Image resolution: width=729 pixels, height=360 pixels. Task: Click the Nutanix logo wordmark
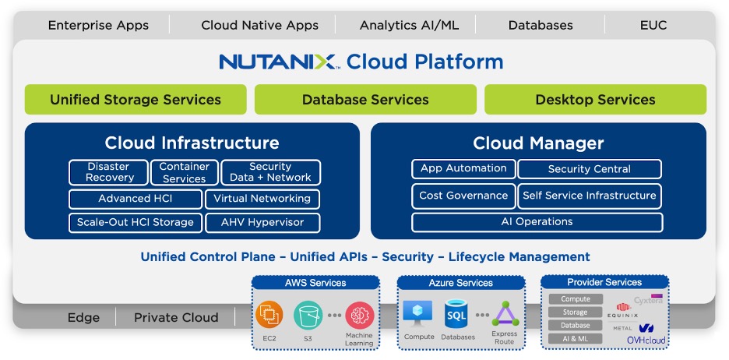(x=279, y=62)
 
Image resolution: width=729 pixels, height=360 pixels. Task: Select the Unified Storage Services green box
(x=136, y=100)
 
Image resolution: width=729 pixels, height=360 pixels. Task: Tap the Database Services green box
(x=365, y=100)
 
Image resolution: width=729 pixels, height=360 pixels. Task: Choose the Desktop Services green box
(x=595, y=100)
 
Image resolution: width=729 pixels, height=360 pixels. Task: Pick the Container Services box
(x=185, y=172)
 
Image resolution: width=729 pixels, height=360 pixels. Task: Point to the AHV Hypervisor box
(x=262, y=222)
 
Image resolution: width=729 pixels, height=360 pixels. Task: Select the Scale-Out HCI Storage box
(x=136, y=222)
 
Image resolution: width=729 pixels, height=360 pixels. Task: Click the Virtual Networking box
(x=262, y=199)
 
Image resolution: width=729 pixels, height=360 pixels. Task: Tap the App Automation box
(x=463, y=168)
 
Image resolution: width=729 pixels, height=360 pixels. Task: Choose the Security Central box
(x=590, y=169)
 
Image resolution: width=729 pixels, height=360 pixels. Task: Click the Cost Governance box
(x=463, y=196)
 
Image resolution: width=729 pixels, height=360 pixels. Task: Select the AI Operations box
(x=537, y=222)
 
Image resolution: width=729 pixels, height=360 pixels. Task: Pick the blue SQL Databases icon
(x=456, y=315)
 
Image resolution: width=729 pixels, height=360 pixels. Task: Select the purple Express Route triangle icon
(x=504, y=315)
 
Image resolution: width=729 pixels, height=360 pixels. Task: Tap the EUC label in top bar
(x=653, y=25)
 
